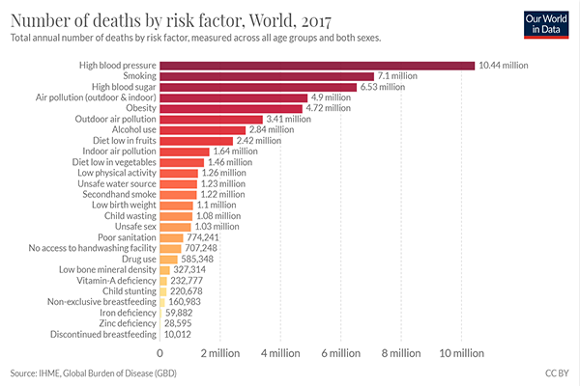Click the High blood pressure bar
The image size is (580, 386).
coord(317,65)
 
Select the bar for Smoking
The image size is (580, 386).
coord(266,75)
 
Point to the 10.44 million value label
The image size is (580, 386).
coord(504,65)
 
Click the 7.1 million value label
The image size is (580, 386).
coord(397,75)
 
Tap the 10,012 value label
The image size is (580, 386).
coord(180,335)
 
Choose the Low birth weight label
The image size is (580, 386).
coord(123,206)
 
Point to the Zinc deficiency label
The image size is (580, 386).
coord(126,324)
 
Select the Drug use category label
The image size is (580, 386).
coord(135,260)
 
